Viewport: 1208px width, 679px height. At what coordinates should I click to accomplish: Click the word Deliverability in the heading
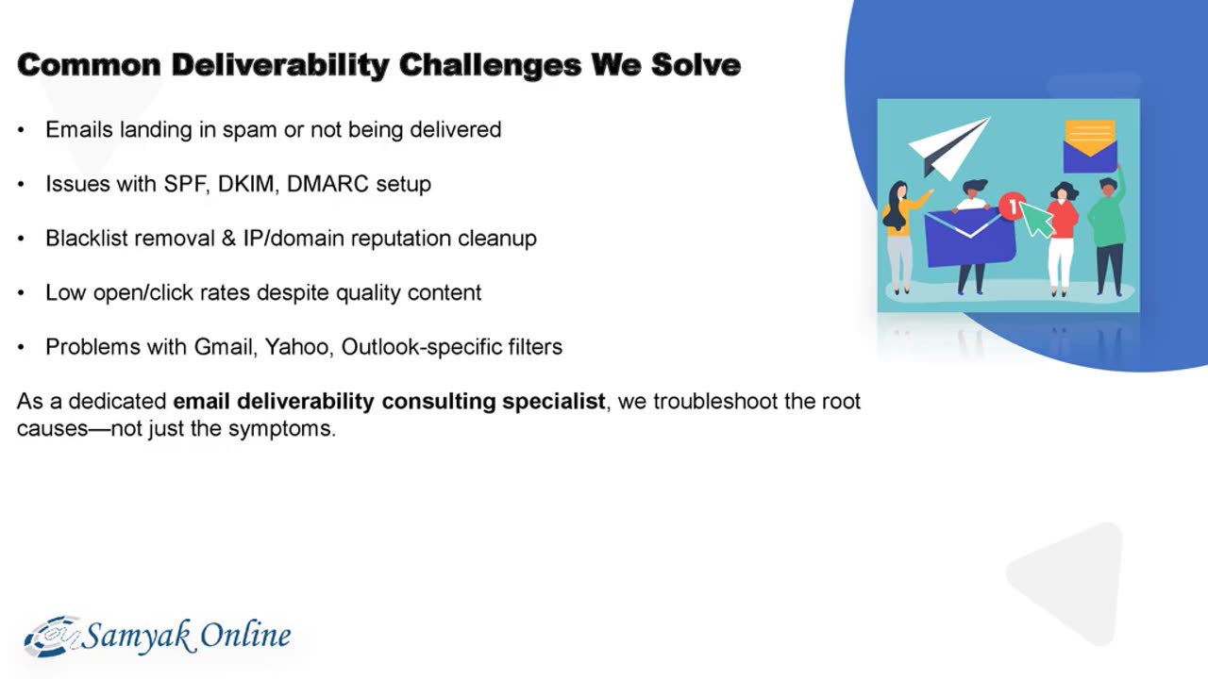280,65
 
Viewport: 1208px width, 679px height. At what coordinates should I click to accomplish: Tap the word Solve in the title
696,65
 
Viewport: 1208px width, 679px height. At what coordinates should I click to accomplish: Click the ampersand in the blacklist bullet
228,239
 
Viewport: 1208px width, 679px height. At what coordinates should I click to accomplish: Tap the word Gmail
224,347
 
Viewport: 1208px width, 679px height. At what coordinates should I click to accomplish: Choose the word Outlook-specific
421,347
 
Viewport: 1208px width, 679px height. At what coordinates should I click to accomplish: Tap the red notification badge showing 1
1012,206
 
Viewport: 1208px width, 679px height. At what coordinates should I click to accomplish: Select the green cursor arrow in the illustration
1036,219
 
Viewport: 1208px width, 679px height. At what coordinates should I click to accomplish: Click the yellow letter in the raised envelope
1090,137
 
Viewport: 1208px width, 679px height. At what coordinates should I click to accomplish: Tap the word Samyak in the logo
137,637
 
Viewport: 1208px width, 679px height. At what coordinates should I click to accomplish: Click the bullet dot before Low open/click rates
21,293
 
